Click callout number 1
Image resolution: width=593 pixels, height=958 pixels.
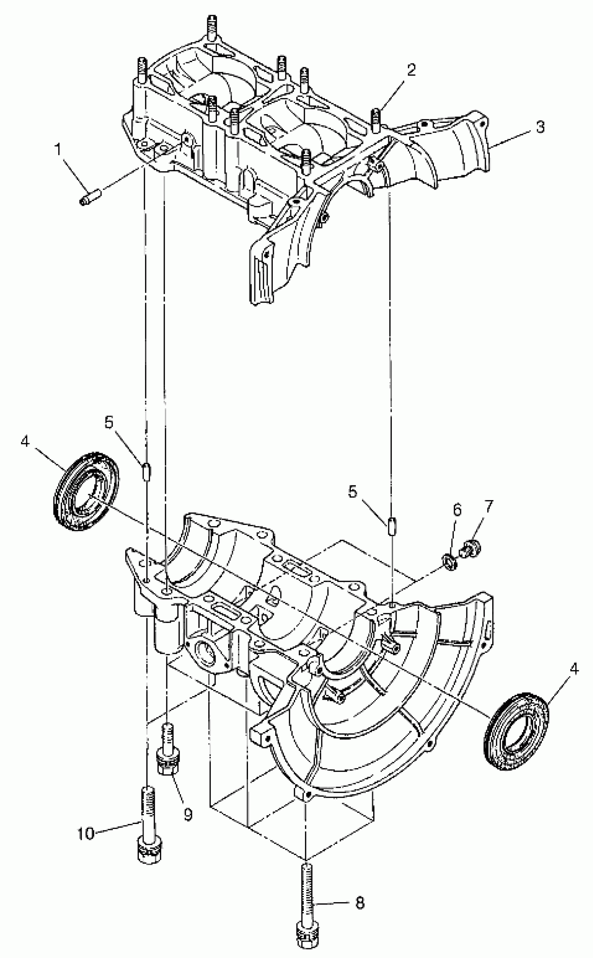[x=58, y=149]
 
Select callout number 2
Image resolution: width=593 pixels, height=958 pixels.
[x=411, y=70]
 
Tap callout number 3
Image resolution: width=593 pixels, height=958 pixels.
[x=540, y=127]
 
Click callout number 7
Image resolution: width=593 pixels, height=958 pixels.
[x=488, y=506]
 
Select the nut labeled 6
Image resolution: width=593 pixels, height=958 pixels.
[x=448, y=562]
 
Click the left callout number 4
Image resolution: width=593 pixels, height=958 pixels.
[x=25, y=442]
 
